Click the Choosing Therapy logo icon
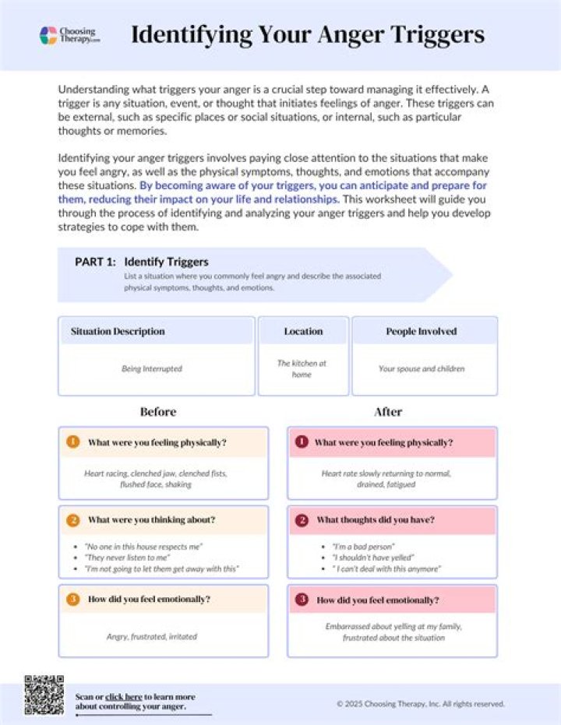[48, 35]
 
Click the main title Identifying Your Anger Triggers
[307, 35]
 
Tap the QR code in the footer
[44, 695]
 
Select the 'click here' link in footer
[124, 696]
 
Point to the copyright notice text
[421, 703]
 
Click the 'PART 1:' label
[95, 262]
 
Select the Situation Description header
[118, 331]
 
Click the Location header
[303, 331]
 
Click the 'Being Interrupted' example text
[151, 368]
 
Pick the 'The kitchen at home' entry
[302, 368]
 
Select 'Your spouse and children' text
[421, 368]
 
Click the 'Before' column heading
[157, 411]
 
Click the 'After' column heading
[387, 411]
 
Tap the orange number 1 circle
[72, 442]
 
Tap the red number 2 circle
[301, 519]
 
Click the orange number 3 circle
[72, 600]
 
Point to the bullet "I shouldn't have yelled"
[375, 558]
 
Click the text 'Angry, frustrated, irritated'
[152, 636]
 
